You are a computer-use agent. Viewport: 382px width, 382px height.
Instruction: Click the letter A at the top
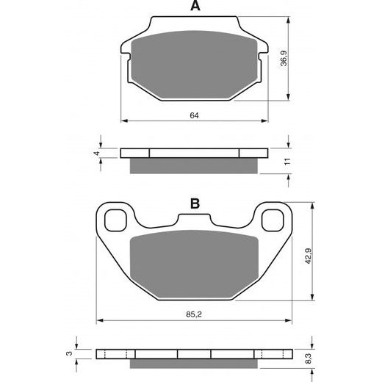pos(195,6)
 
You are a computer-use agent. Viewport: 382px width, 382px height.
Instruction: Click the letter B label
pos(195,203)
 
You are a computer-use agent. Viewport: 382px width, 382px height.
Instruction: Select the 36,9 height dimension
pos(284,58)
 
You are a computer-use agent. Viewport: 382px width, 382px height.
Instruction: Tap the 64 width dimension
pos(194,115)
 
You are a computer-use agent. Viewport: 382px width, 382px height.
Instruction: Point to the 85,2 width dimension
pos(194,314)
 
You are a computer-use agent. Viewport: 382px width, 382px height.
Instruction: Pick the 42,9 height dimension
pos(308,256)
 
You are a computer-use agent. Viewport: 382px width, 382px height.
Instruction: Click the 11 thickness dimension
pos(287,161)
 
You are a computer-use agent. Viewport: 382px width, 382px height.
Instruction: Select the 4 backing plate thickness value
pos(97,154)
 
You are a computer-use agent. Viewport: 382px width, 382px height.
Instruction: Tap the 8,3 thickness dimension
pos(309,358)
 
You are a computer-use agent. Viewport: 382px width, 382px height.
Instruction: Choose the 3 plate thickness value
pos(70,353)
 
